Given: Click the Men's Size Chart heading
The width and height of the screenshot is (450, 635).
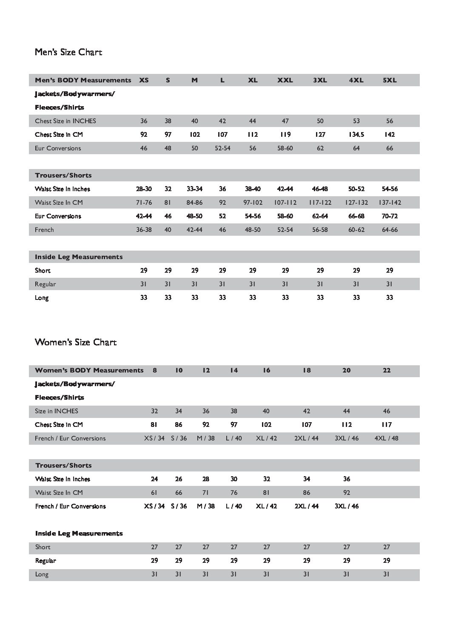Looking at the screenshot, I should click(68, 52).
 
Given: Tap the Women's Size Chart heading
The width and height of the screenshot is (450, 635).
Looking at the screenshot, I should click(76, 342).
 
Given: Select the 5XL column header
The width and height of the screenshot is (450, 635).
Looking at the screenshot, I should click(390, 80).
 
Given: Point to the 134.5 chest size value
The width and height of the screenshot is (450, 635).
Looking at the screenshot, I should click(356, 135).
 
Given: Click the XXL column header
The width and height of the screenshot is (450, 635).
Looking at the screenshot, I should click(285, 80).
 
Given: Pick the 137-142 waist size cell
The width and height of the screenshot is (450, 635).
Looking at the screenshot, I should click(390, 203).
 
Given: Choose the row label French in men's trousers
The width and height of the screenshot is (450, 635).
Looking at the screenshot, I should click(44, 230).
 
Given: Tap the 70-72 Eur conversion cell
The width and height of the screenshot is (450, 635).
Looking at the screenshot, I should click(390, 216).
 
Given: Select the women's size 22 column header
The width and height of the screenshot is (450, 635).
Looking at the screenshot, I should click(386, 370).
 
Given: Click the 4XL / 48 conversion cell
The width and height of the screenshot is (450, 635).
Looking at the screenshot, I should click(386, 438).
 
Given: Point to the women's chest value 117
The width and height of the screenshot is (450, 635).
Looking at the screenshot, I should click(386, 425).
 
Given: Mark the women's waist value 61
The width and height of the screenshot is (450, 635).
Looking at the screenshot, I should click(154, 493).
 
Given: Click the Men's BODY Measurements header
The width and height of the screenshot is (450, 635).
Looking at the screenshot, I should click(83, 80).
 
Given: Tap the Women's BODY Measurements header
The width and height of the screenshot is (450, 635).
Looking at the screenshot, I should click(89, 370).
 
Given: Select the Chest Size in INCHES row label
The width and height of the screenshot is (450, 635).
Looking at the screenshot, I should click(66, 121).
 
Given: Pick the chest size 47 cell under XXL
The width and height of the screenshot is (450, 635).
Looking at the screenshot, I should click(285, 121).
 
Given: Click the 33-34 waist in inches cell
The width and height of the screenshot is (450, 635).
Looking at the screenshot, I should click(194, 189).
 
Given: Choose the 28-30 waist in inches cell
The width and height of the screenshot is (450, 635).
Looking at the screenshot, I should click(144, 189).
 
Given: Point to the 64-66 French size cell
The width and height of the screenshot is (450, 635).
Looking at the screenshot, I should click(390, 230).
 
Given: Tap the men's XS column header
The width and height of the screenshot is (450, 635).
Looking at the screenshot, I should click(144, 80).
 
